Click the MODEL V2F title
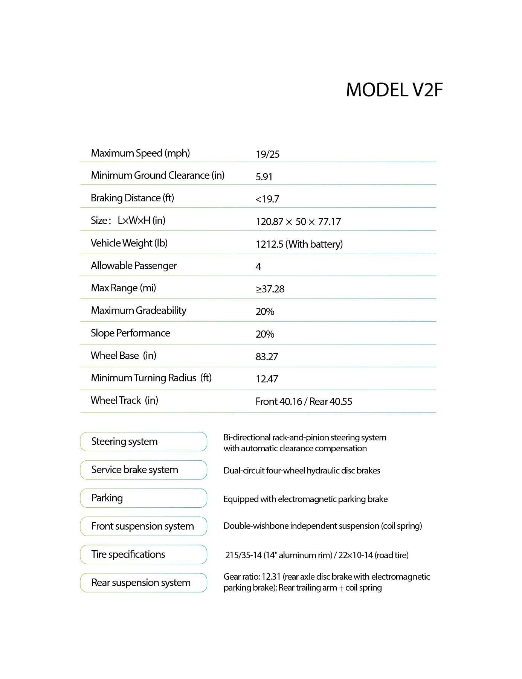pyautogui.click(x=394, y=90)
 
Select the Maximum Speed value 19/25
pyautogui.click(x=267, y=154)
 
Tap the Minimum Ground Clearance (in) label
pyautogui.click(x=157, y=175)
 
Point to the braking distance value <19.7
pyautogui.click(x=267, y=199)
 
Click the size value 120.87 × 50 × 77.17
pyautogui.click(x=298, y=222)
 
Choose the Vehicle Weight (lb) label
pyautogui.click(x=129, y=243)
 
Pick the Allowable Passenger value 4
pyautogui.click(x=258, y=267)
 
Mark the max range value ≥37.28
pyautogui.click(x=270, y=289)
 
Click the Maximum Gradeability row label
pyautogui.click(x=139, y=311)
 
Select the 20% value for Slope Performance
pyautogui.click(x=265, y=334)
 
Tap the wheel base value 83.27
pyautogui.click(x=267, y=357)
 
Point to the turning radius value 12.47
pyautogui.click(x=267, y=379)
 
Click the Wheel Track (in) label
pyautogui.click(x=124, y=400)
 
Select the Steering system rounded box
pyautogui.click(x=143, y=442)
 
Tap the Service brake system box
pyautogui.click(x=143, y=470)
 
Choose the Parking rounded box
pyautogui.click(x=143, y=498)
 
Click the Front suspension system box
pyautogui.click(x=143, y=526)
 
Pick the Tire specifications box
pyautogui.click(x=143, y=554)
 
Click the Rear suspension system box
pyautogui.click(x=143, y=583)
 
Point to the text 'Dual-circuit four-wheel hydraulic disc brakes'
pyautogui.click(x=302, y=470)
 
